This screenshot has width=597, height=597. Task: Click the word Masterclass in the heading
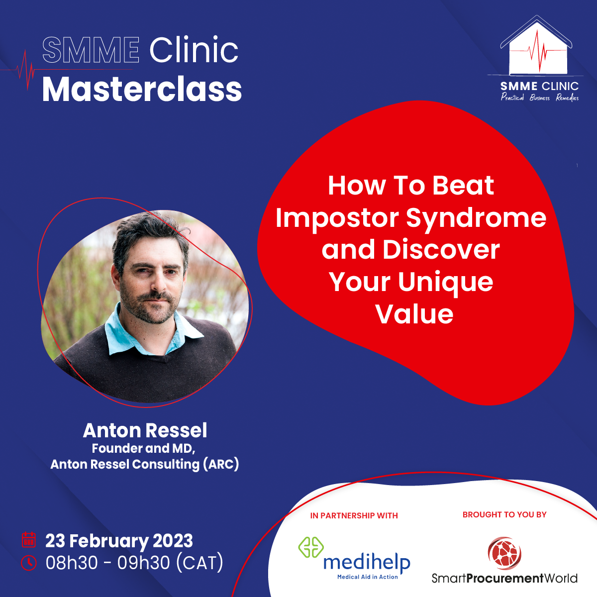142,89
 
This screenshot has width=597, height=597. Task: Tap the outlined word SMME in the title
91,50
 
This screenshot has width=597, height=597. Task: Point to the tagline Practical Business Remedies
540,98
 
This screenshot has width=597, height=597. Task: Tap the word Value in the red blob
414,314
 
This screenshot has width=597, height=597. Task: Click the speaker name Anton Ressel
145,430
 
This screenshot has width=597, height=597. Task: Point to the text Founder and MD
143,448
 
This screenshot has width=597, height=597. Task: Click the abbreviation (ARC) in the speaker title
221,464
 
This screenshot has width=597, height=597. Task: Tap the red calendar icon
29,540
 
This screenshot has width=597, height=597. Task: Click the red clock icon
29,563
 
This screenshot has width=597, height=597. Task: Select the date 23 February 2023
119,541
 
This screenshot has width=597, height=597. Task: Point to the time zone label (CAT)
199,563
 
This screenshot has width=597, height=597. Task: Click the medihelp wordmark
367,563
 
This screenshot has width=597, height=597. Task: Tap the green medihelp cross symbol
311,547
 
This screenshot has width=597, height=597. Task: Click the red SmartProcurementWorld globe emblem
504,553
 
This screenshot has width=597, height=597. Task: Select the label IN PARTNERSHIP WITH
354,515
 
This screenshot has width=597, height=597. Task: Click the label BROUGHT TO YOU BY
504,514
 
